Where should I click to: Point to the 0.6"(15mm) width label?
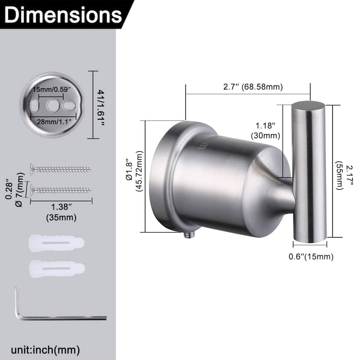(310, 257)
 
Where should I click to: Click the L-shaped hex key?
(58, 317)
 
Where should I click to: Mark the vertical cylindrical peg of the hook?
(308, 171)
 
